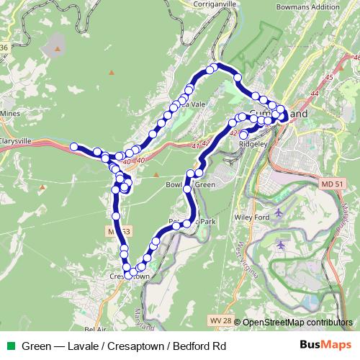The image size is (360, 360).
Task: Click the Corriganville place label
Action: pos(215,4)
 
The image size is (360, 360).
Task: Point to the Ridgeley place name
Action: pos(253,144)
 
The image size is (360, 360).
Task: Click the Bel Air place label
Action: pos(95,329)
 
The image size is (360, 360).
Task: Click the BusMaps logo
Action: pos(325,346)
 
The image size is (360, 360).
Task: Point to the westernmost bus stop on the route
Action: pos(73,147)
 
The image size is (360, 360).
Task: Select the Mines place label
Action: pos(10,114)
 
